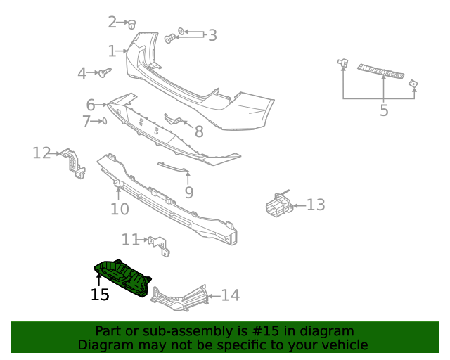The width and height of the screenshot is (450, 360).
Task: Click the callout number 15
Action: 100,295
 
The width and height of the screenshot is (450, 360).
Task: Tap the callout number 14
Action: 230,295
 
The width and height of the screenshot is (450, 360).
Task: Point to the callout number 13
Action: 316,205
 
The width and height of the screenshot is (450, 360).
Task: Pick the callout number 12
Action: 41,153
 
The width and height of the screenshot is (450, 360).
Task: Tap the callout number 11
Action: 130,240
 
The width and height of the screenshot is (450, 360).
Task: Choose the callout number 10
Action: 120,209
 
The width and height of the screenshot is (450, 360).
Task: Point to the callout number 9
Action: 188,192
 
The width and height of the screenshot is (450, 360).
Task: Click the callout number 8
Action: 199,131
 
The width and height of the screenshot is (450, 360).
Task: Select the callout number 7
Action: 86,122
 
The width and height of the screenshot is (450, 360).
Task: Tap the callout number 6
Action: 90,105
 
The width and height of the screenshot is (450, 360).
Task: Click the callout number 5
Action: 384,110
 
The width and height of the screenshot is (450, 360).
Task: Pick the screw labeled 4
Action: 105,72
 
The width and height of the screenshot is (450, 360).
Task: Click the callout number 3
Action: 212,34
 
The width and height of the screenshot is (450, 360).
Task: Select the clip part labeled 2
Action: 131,24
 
